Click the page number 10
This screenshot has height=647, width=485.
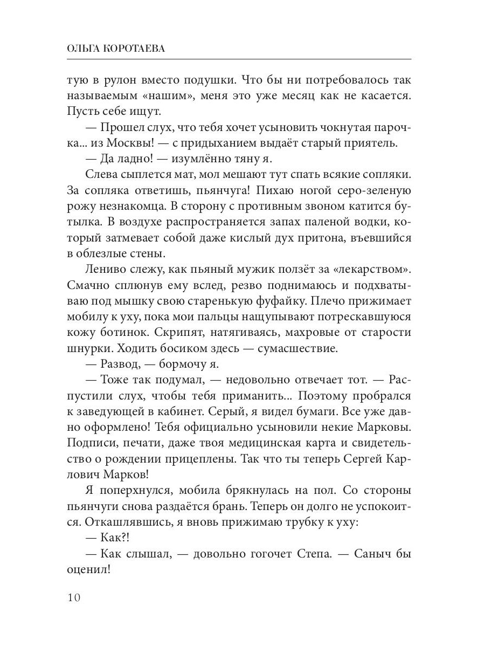pos(74,598)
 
